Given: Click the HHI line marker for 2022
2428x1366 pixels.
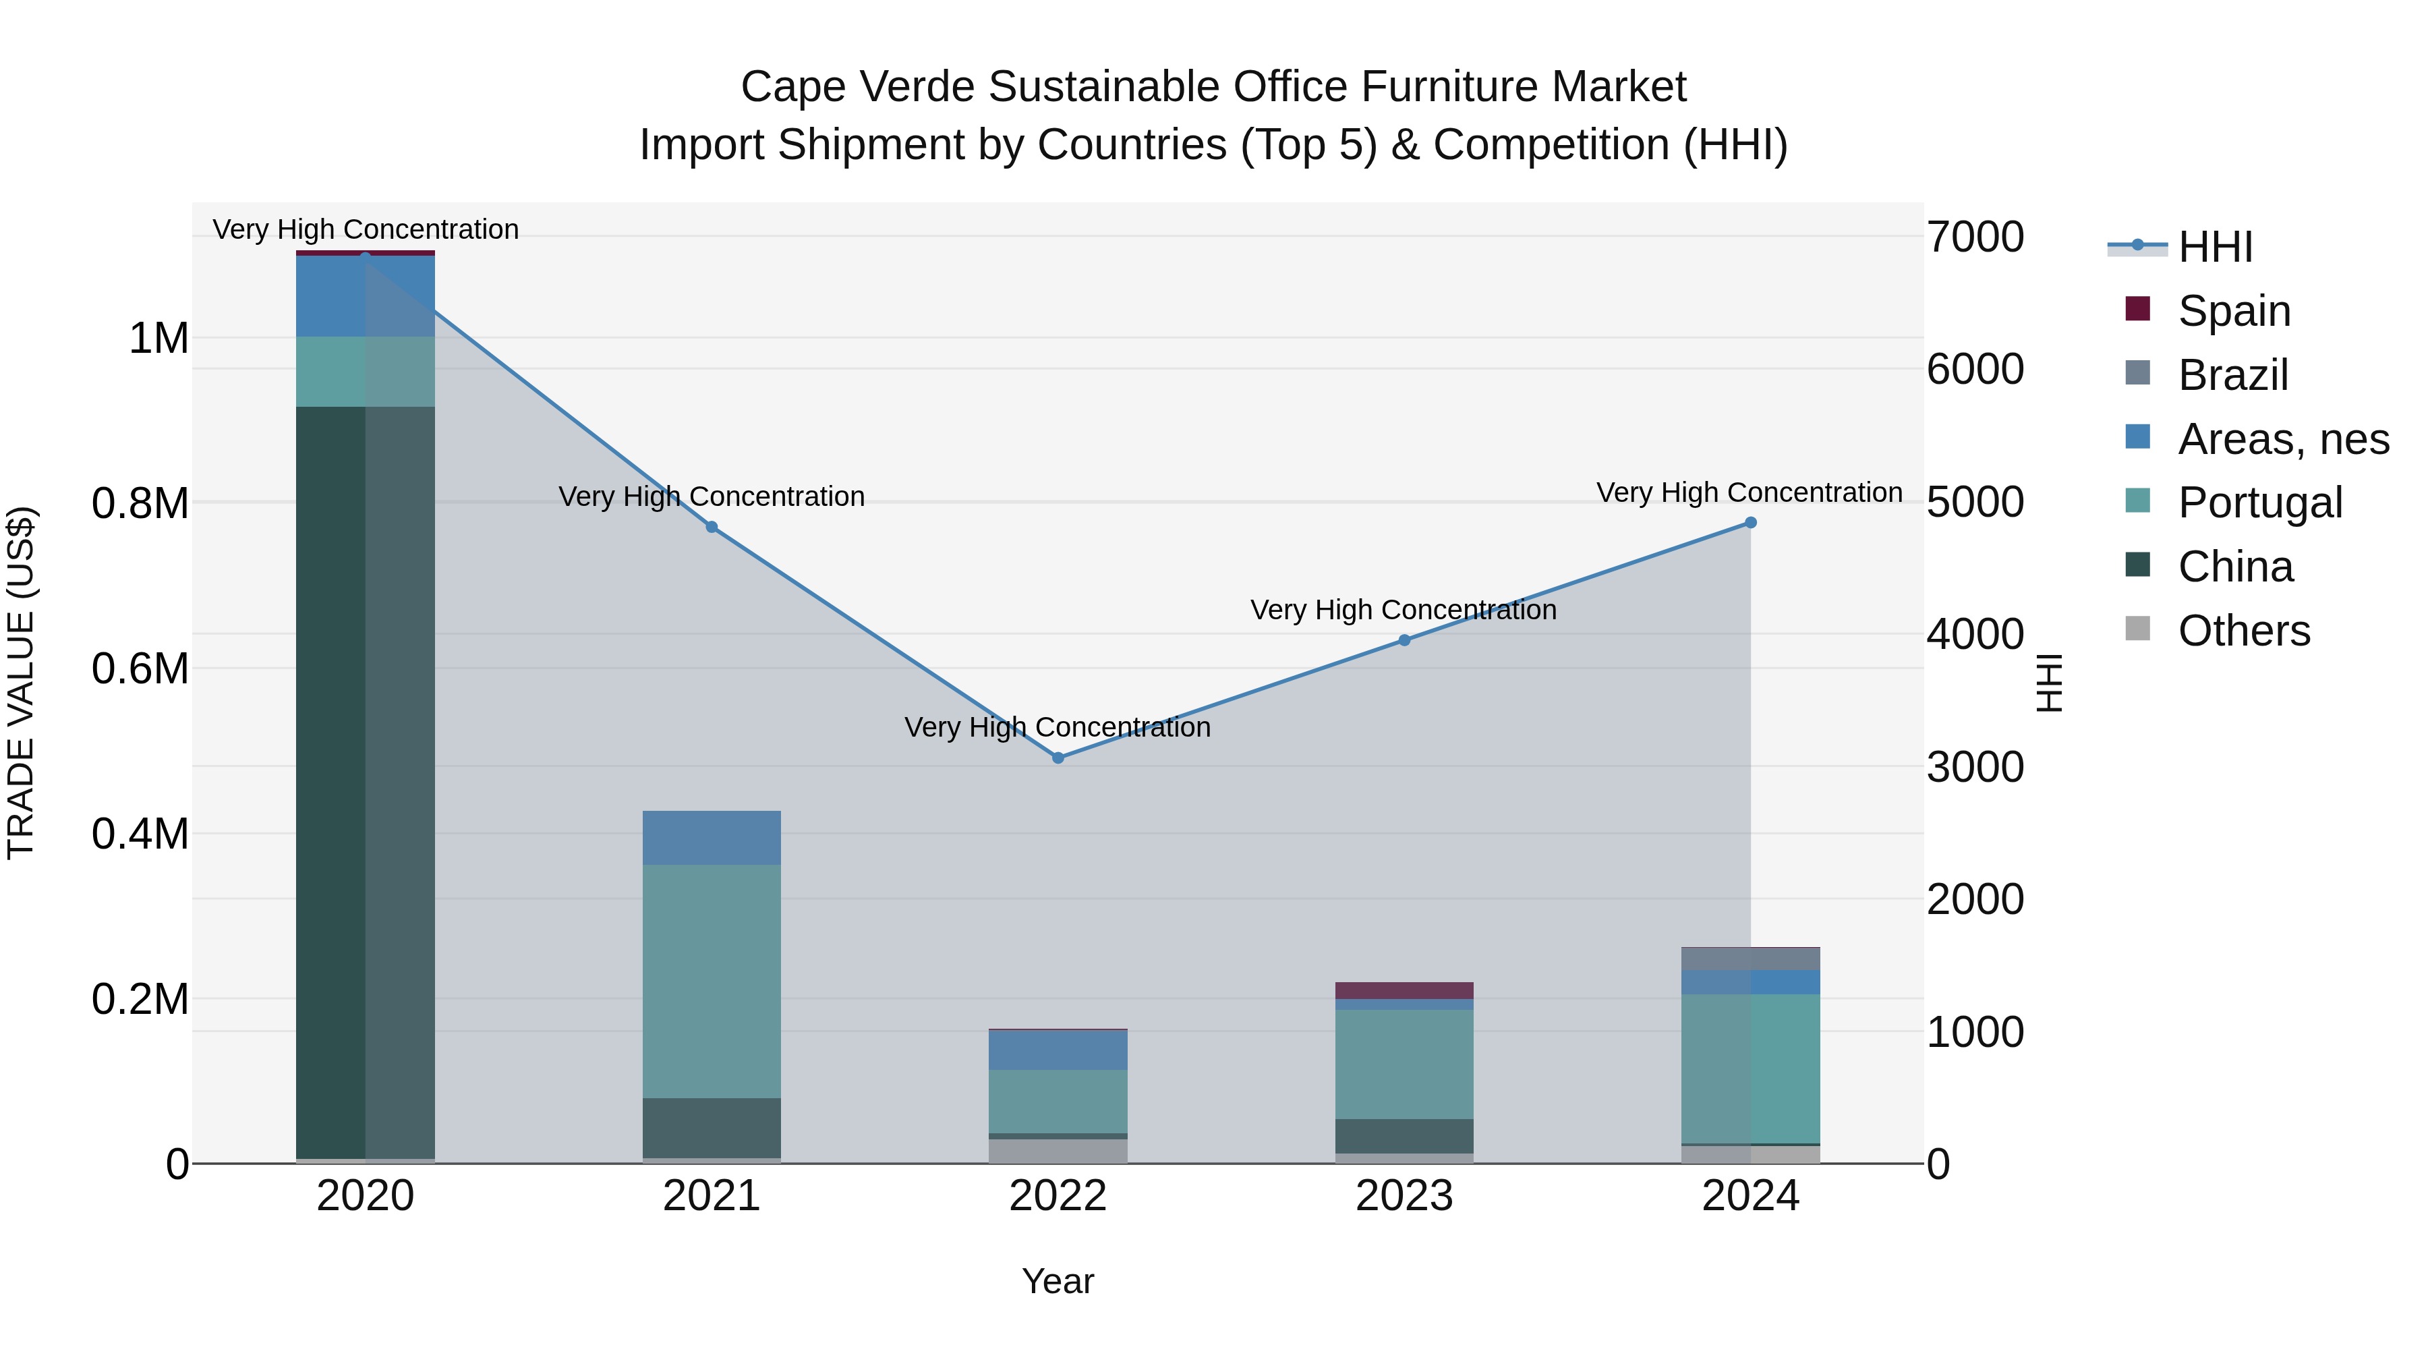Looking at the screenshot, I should pyautogui.click(x=1058, y=758).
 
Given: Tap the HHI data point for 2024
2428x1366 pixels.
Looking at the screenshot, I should pyautogui.click(x=1750, y=522).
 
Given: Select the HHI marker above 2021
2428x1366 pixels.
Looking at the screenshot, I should pyautogui.click(x=712, y=527).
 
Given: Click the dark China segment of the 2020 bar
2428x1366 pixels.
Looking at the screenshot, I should pyautogui.click(x=365, y=782).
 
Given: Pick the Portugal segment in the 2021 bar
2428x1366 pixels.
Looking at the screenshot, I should pyautogui.click(x=712, y=980).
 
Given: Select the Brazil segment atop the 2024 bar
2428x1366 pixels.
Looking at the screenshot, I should pyautogui.click(x=1750, y=959).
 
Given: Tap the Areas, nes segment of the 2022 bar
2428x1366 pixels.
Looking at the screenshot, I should pyautogui.click(x=1058, y=1049).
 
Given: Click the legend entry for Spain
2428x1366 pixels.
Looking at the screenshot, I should pyautogui.click(x=2234, y=310).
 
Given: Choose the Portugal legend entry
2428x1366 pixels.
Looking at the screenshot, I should pyautogui.click(x=2259, y=503).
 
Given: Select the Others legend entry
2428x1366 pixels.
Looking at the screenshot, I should pyautogui.click(x=2243, y=631).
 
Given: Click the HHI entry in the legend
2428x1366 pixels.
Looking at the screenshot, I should pyautogui.click(x=2215, y=247).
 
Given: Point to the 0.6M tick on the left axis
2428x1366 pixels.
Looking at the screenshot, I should pyautogui.click(x=140, y=669).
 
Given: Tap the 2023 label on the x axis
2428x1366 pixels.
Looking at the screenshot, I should pyautogui.click(x=1404, y=1196).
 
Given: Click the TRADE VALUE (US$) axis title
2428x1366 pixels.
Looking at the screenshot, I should pyautogui.click(x=21, y=683).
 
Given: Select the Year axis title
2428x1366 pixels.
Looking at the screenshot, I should pyautogui.click(x=1058, y=1281).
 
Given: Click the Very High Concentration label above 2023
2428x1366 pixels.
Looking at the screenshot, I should pyautogui.click(x=1404, y=610).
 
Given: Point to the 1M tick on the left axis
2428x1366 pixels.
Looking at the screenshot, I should pyautogui.click(x=158, y=339).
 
